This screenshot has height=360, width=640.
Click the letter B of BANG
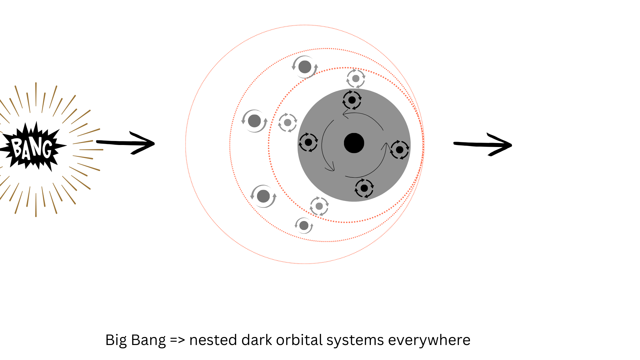tap(17, 147)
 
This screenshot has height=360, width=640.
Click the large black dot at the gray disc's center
tap(354, 143)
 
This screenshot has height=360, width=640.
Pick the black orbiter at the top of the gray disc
tap(352, 100)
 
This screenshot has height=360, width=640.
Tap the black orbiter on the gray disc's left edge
tap(308, 142)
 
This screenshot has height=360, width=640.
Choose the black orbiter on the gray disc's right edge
tap(399, 150)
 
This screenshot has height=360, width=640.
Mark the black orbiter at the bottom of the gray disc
tap(364, 188)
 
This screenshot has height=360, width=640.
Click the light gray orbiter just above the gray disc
tap(356, 79)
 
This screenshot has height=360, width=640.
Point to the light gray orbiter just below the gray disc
tap(319, 206)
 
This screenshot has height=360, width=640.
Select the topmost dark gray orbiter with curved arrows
tap(305, 67)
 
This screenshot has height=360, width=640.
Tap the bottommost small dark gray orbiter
tap(304, 226)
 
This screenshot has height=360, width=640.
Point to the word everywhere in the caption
tap(429, 340)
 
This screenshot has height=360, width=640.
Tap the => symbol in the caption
tap(177, 340)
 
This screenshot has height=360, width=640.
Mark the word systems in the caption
tap(355, 340)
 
